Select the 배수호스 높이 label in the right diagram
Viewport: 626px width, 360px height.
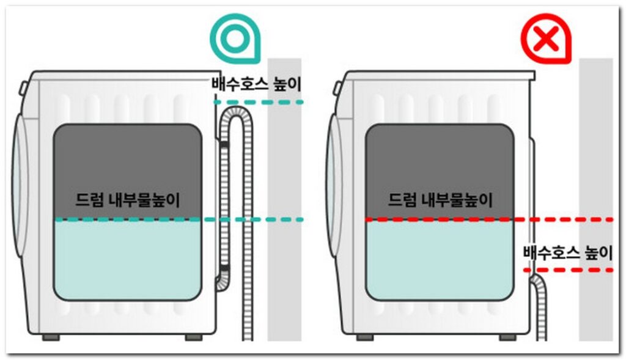(x=567, y=251)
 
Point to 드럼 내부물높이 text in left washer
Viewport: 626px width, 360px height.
(x=127, y=200)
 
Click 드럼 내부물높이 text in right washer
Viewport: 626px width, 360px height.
(x=440, y=200)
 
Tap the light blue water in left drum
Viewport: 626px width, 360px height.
(x=127, y=260)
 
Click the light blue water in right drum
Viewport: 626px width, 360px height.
(x=439, y=260)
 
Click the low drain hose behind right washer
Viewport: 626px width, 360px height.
(x=539, y=306)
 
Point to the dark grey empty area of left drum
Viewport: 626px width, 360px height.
(x=127, y=159)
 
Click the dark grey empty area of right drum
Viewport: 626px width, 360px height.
(x=439, y=159)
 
